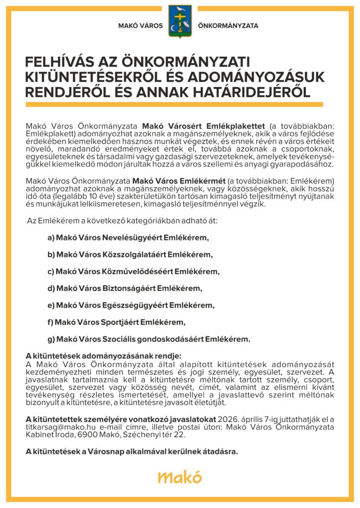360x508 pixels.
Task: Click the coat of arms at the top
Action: pyautogui.click(x=180, y=22)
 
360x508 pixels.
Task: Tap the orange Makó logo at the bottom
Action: pyautogui.click(x=180, y=477)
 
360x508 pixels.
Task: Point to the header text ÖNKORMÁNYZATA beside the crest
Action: pyautogui.click(x=228, y=26)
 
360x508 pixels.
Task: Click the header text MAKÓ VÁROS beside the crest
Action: pyautogui.click(x=141, y=26)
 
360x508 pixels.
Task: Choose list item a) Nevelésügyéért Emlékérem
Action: pyautogui.click(x=128, y=238)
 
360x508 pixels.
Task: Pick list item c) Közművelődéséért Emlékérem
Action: pyautogui.click(x=133, y=272)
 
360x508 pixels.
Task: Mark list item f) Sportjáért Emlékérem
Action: pyautogui.click(x=116, y=322)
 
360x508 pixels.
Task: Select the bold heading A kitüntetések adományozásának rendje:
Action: pyautogui.click(x=104, y=356)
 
